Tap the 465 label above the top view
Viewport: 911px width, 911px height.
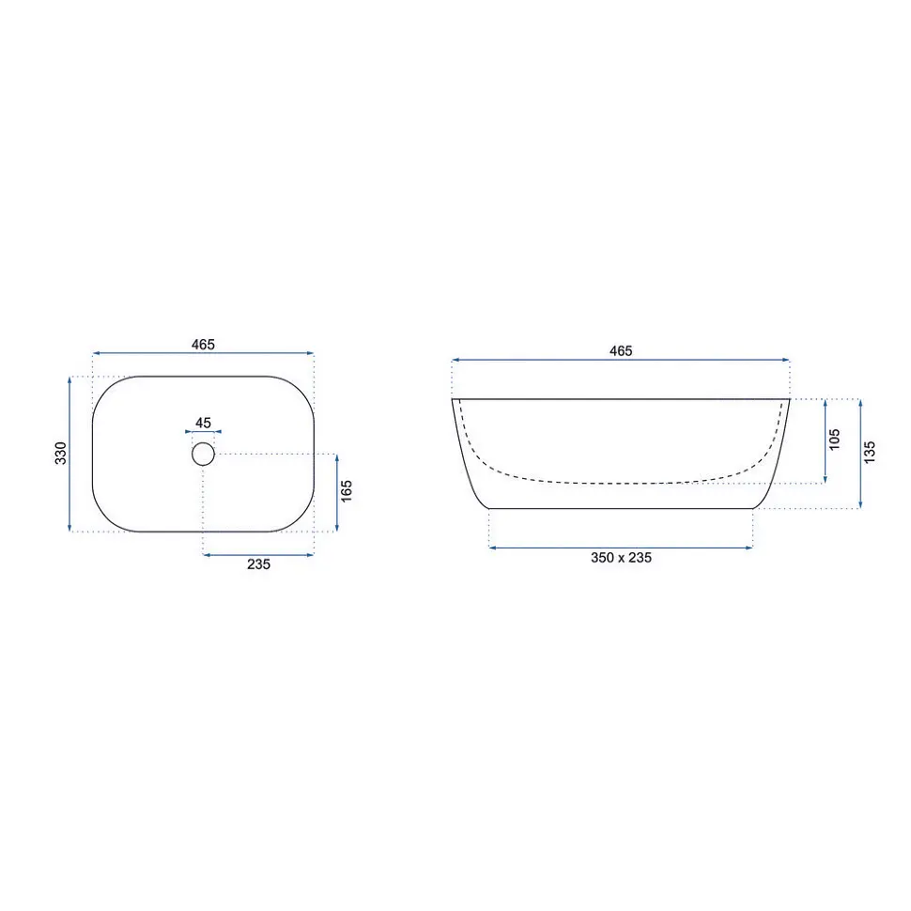204,345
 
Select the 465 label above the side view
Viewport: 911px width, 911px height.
621,351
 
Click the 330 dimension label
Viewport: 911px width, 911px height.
61,454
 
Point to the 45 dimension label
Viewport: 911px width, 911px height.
204,423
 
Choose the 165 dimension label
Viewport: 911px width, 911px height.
347,491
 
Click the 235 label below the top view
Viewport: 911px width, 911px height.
258,564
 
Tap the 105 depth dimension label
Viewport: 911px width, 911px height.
835,440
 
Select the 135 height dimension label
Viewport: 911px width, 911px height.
870,453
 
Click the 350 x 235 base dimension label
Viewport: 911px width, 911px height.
621,558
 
